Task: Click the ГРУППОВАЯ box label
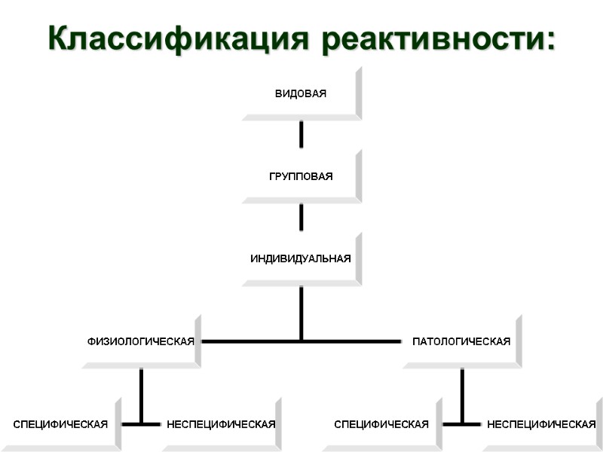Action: coord(301,176)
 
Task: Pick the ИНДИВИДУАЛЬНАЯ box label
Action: coord(301,259)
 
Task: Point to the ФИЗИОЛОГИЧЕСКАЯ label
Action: coord(141,342)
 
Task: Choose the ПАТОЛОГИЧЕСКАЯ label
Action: coord(461,342)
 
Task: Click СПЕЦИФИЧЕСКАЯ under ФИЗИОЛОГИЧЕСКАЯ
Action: coord(60,425)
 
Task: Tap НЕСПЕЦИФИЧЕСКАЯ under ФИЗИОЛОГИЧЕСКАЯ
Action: coord(221,425)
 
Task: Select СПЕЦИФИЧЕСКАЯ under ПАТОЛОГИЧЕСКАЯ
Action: coord(381,425)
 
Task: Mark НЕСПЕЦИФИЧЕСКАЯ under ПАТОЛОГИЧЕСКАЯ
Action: coord(541,425)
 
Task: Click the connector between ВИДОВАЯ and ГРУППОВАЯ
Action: coord(301,134)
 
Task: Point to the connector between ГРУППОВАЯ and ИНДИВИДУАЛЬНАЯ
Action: coord(301,217)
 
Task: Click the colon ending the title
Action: coord(548,41)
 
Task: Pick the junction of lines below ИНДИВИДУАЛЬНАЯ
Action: coord(301,341)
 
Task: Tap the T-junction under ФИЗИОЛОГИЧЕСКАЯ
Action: coord(141,424)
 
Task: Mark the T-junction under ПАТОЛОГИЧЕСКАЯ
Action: coord(462,424)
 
